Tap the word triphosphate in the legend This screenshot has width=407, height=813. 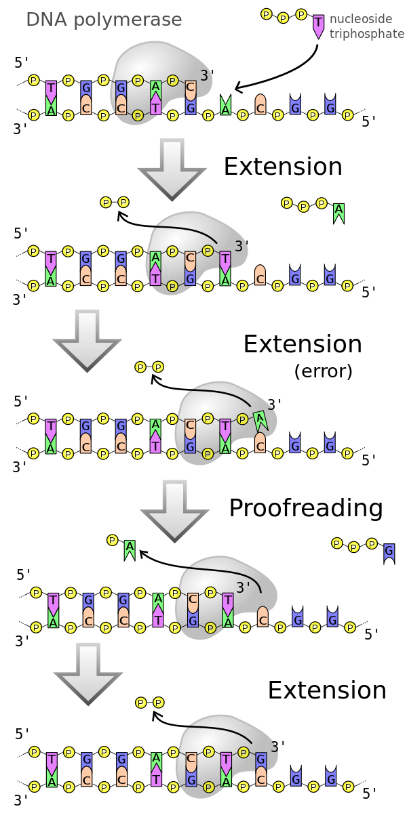tap(366, 33)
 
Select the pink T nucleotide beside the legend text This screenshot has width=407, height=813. tap(318, 26)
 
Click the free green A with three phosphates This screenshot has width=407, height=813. tap(338, 213)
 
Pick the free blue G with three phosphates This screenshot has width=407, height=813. tap(389, 551)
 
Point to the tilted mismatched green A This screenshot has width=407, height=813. tap(260, 421)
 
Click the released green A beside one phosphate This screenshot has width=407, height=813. tap(130, 549)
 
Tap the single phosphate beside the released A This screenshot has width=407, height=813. tap(113, 540)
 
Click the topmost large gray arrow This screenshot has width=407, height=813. tap(172, 168)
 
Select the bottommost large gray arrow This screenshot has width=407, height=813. tap(88, 673)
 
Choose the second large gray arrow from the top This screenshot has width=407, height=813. tap(87, 339)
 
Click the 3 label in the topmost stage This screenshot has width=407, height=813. tap(203, 75)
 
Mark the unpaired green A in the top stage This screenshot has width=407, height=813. tap(225, 106)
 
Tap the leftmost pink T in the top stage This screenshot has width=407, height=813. tap(51, 90)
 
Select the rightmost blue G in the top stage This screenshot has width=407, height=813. tap(330, 106)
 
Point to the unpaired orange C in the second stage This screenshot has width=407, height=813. tap(260, 274)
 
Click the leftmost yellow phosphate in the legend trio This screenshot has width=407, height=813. tap(267, 14)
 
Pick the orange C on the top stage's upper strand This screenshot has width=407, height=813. tap(191, 89)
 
